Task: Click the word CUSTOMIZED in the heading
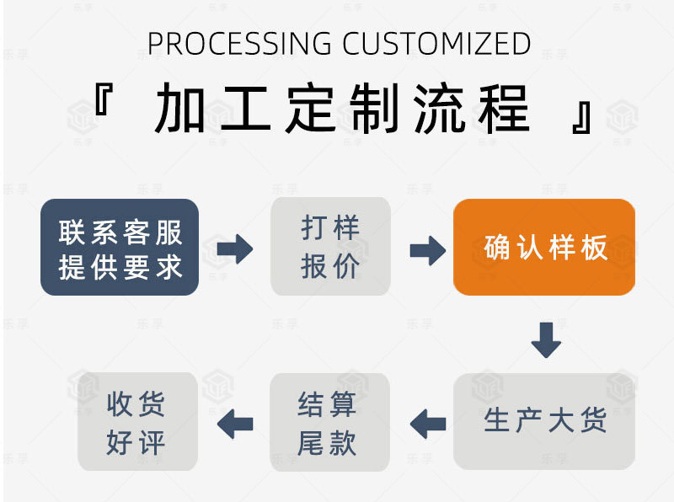tap(436, 43)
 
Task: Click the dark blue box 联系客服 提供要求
tap(120, 248)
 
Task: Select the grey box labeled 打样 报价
tap(330, 247)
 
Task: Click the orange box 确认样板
tap(544, 248)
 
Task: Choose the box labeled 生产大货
tap(544, 421)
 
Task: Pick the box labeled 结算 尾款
tap(329, 422)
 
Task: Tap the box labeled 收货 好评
tap(137, 421)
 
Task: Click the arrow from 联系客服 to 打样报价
tap(234, 249)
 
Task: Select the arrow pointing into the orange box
tap(427, 249)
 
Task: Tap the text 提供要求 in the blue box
tap(120, 268)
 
